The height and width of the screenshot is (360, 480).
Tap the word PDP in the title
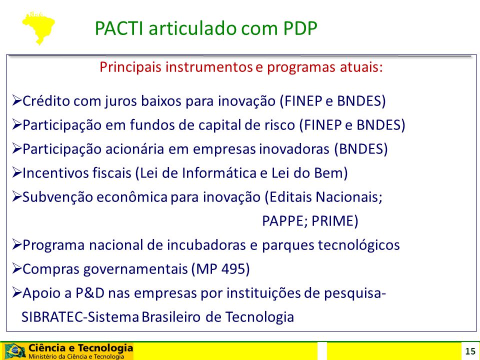pos(300,28)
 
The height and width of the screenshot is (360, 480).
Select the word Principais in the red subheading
pos(130,67)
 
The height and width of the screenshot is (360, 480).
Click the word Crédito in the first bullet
pos(46,100)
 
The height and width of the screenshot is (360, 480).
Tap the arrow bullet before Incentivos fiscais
pos(17,172)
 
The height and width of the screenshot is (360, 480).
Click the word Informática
pos(219,173)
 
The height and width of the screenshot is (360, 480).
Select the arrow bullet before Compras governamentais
pos(17,269)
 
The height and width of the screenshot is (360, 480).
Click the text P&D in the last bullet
pos(90,293)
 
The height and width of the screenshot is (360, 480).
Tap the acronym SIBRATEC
pos(52,317)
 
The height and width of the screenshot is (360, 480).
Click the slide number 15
pos(470,351)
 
